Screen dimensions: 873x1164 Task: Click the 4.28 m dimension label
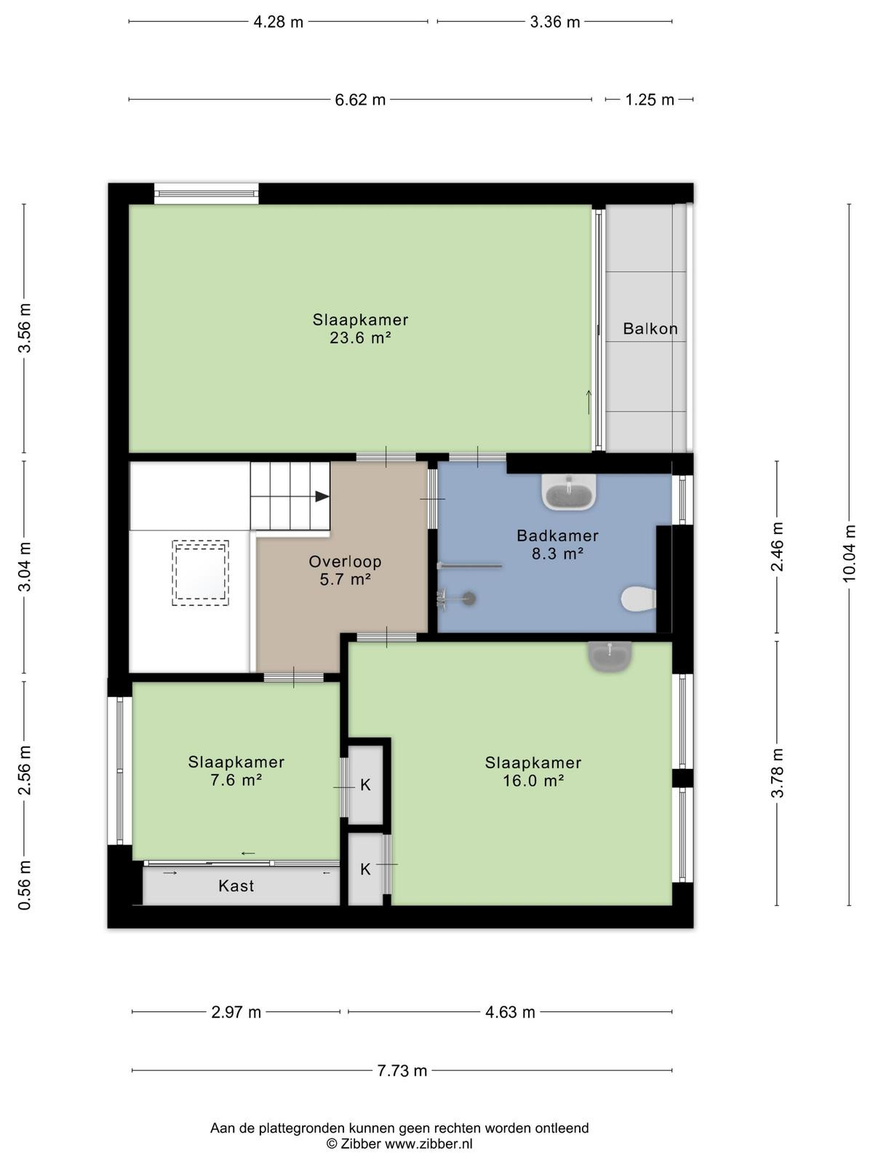(279, 23)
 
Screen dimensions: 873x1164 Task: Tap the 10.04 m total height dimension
(849, 554)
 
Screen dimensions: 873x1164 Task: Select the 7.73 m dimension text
(402, 1071)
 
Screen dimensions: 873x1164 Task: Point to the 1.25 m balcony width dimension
(650, 100)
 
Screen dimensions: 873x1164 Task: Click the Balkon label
(650, 329)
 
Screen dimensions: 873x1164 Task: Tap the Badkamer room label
(557, 535)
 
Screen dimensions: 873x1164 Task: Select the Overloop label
(345, 562)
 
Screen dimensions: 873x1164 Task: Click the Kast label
(236, 886)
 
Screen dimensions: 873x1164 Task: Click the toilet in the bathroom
(638, 599)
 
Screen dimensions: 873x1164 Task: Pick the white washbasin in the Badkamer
(569, 492)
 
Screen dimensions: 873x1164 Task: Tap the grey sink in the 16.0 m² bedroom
(610, 656)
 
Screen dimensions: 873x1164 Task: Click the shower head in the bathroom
(468, 599)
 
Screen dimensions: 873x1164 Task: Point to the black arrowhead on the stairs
(322, 496)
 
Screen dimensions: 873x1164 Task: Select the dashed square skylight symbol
(200, 573)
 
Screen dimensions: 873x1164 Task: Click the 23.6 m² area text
(360, 338)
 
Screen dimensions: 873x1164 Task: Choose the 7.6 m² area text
(236, 780)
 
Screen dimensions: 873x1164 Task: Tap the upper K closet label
(365, 786)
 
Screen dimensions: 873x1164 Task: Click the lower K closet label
(365, 869)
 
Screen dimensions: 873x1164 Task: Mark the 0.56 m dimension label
(25, 885)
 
